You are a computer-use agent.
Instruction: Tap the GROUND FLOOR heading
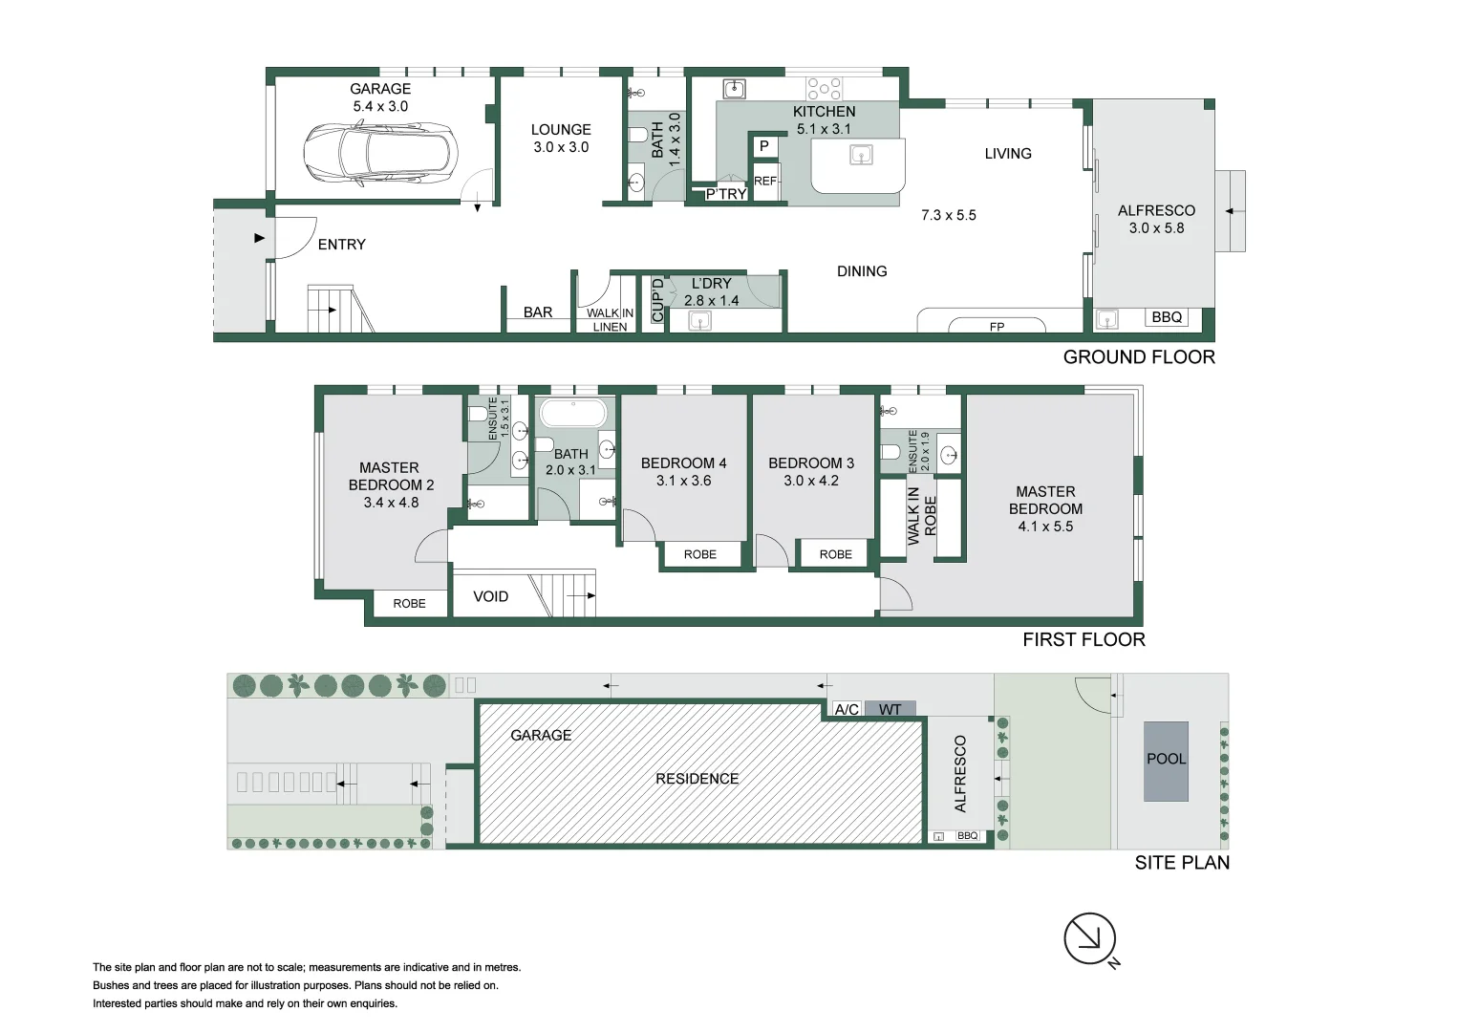pyautogui.click(x=1139, y=357)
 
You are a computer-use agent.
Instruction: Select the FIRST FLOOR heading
pyautogui.click(x=1084, y=640)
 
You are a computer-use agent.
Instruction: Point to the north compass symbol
pyautogui.click(x=1090, y=939)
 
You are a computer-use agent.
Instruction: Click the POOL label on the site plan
pyautogui.click(x=1166, y=759)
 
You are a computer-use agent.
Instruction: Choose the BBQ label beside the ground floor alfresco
pyautogui.click(x=1167, y=317)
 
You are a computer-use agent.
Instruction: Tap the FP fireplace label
pyautogui.click(x=997, y=327)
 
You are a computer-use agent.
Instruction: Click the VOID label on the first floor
pyautogui.click(x=490, y=596)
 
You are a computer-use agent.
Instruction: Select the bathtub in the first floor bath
pyautogui.click(x=572, y=414)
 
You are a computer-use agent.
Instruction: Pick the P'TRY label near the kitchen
pyautogui.click(x=726, y=194)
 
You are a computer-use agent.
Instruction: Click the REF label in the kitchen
pyautogui.click(x=765, y=181)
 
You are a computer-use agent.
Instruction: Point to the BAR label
pyautogui.click(x=538, y=312)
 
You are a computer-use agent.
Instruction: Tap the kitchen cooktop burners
pyautogui.click(x=824, y=89)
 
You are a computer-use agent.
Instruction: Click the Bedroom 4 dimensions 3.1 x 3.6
pyautogui.click(x=683, y=481)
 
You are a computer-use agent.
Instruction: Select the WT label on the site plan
pyautogui.click(x=890, y=709)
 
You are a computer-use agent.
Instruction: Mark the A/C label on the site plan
pyautogui.click(x=847, y=709)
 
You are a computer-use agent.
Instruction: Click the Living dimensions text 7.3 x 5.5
pyautogui.click(x=949, y=215)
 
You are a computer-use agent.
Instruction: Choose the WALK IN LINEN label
pyautogui.click(x=610, y=319)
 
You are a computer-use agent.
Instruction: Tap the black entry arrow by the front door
pyautogui.click(x=259, y=238)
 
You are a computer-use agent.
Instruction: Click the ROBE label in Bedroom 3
pyautogui.click(x=835, y=554)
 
